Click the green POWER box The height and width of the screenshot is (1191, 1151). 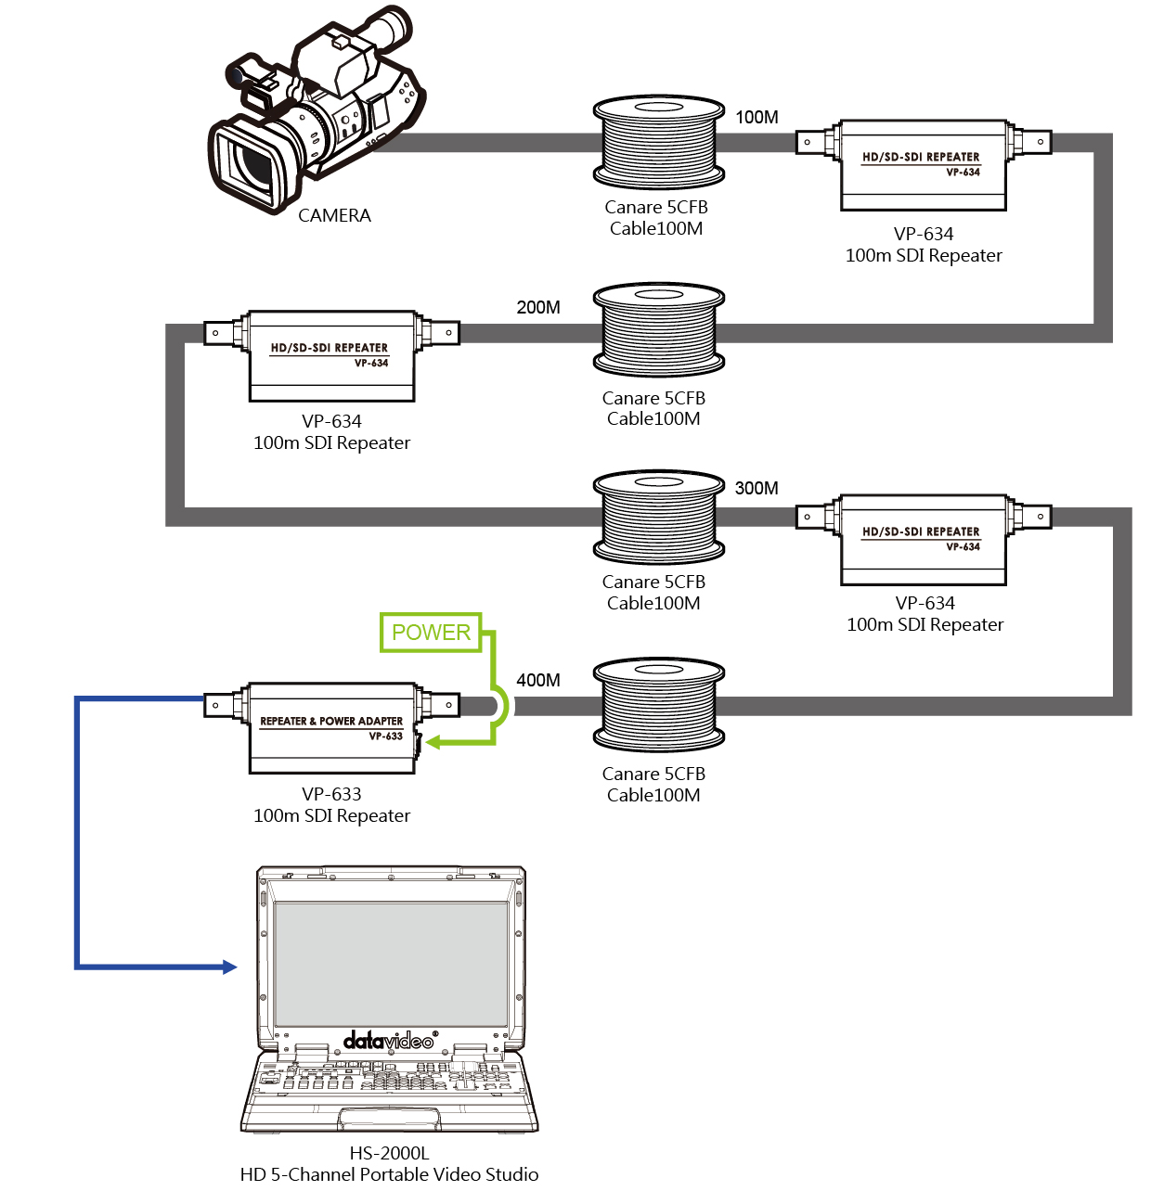pos(430,632)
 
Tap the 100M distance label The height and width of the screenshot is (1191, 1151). pos(756,117)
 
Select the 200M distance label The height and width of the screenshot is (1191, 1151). pos(537,307)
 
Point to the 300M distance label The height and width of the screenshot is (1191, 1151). pos(756,488)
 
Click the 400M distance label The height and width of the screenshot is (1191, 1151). pos(537,680)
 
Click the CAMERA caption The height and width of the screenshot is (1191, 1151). pos(334,215)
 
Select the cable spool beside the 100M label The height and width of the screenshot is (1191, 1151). pos(658,142)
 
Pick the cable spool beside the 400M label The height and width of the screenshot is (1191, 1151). pos(658,705)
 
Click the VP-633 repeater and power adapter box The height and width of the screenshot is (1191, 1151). pos(331,728)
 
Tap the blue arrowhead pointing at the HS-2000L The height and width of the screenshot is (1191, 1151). pos(229,967)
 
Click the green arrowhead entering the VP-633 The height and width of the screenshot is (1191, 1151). pos(433,742)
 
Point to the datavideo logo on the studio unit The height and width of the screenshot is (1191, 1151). pos(390,1040)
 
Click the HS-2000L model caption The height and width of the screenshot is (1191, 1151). pos(389,1152)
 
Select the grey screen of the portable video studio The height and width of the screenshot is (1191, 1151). pos(390,964)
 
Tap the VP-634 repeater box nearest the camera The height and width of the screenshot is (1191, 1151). pos(924,165)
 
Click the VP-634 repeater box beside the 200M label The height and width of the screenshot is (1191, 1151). pos(331,355)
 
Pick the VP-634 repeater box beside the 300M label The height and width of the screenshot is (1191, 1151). pos(924,540)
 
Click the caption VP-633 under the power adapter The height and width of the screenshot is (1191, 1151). pos(331,794)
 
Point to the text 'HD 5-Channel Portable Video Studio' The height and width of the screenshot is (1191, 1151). pos(389,1174)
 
